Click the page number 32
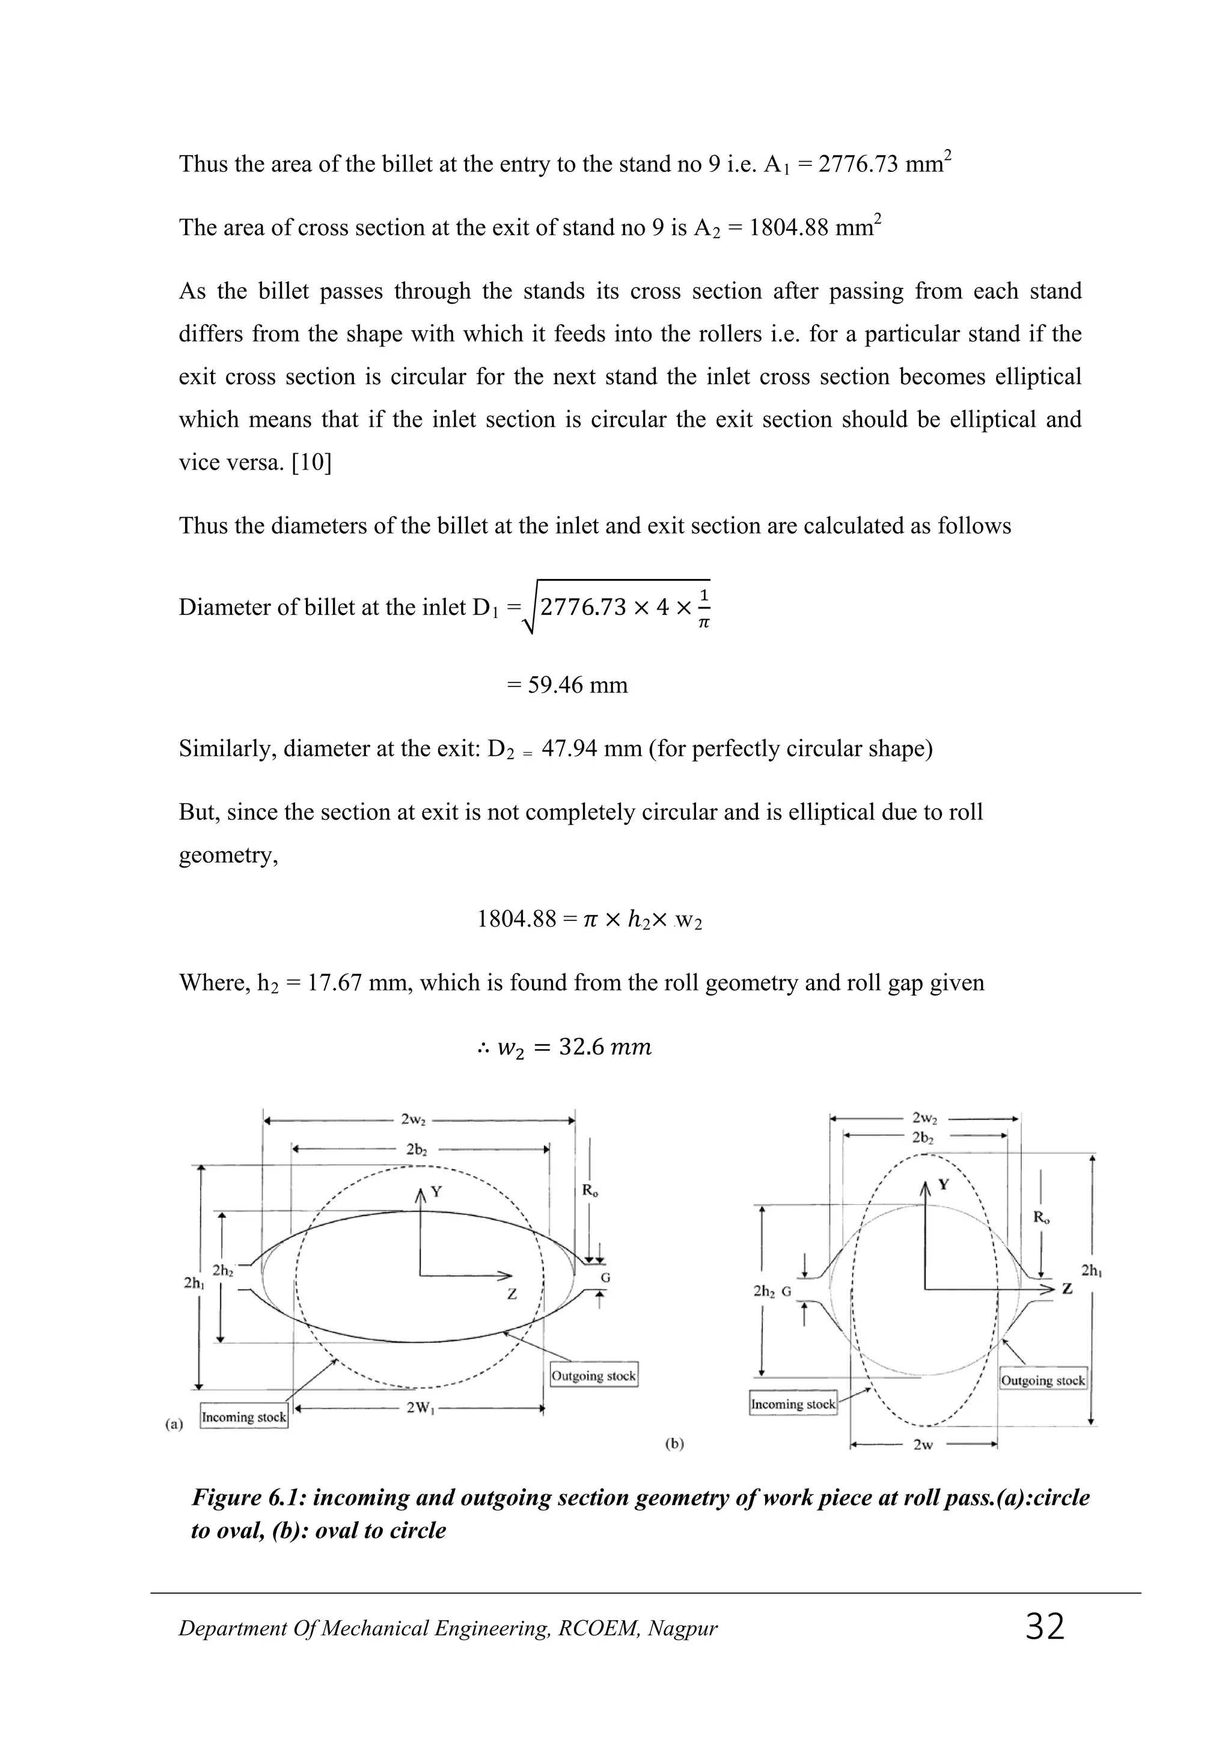pyautogui.click(x=1045, y=1627)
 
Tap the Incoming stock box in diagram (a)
pyautogui.click(x=244, y=1416)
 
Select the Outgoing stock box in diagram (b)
pyautogui.click(x=1043, y=1380)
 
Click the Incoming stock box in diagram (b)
pyautogui.click(x=793, y=1404)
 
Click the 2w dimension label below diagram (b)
pyautogui.click(x=923, y=1445)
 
